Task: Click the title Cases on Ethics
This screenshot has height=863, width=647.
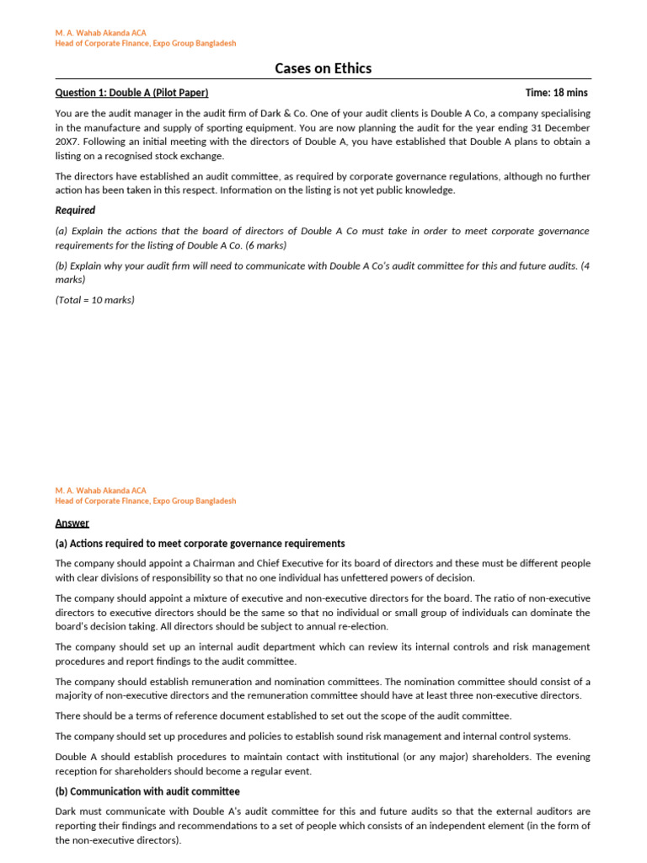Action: (x=323, y=68)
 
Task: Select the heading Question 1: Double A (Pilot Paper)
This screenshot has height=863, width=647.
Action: (x=131, y=93)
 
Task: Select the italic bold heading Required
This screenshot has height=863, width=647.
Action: (x=75, y=210)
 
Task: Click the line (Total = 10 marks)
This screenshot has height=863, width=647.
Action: (x=94, y=299)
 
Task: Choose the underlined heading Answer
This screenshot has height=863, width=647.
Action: (x=72, y=523)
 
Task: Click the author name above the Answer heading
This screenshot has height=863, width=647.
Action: (x=100, y=490)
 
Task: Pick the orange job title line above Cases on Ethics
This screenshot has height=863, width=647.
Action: (x=145, y=43)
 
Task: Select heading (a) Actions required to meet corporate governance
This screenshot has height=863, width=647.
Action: (x=200, y=544)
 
